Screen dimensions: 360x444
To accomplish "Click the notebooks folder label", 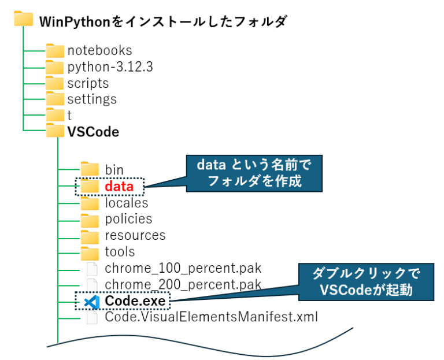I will pos(99,51).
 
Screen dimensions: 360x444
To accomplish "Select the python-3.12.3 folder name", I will pos(110,67).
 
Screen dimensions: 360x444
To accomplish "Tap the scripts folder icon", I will pos(55,83).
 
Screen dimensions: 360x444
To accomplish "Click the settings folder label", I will pos(92,99).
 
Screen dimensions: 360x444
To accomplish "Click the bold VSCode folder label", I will pos(93,132).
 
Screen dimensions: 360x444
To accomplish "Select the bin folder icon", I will pos(90,169).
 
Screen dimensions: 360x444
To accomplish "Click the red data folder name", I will pos(119,187).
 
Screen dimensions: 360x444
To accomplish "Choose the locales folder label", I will pos(127,203).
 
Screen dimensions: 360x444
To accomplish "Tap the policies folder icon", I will pos(90,220).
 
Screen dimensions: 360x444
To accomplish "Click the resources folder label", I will pos(135,236).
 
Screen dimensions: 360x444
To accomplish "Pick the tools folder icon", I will pos(90,253).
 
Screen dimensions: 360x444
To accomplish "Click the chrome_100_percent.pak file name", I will pos(183,269).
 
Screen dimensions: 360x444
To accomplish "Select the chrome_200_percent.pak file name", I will pos(183,284).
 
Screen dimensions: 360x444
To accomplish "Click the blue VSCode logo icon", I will pos(91,301).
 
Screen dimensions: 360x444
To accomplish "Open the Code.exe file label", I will pos(135,301).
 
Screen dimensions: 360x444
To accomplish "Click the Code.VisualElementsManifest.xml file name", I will pos(212,317).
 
